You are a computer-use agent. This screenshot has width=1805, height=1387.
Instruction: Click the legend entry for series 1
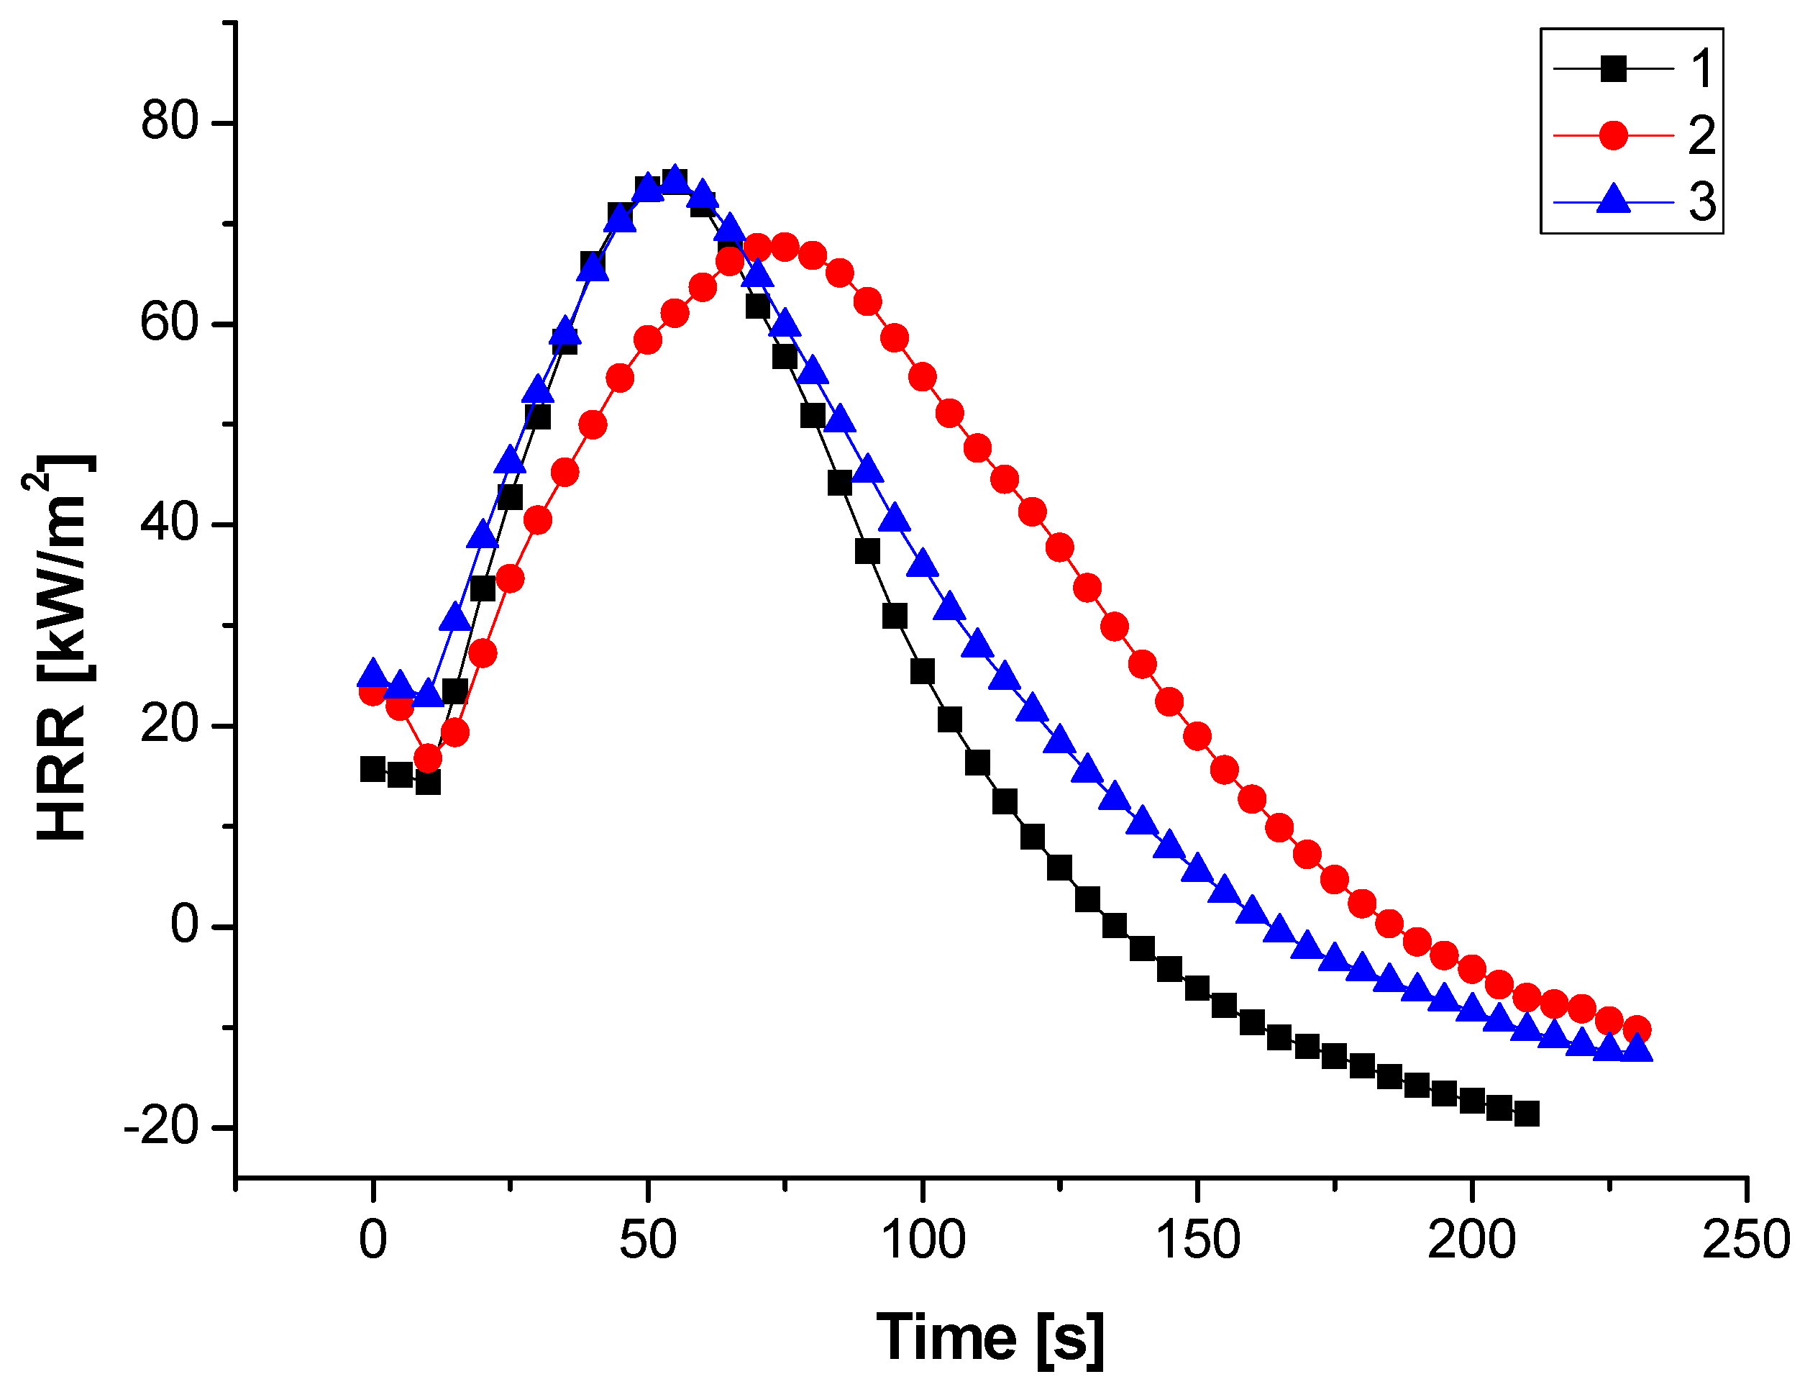pos(1630,68)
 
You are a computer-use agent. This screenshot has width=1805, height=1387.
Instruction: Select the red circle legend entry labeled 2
pos(1630,135)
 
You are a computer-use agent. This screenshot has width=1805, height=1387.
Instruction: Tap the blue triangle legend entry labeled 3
pos(1630,201)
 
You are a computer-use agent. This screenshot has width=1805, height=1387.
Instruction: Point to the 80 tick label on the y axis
pos(170,122)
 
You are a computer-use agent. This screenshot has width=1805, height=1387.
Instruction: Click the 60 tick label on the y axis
pos(170,323)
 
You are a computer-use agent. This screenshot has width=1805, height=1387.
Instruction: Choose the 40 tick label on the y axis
pos(170,524)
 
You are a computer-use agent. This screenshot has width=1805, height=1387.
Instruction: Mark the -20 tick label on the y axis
pos(162,1126)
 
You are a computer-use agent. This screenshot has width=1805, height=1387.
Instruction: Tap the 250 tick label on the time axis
pos(1745,1240)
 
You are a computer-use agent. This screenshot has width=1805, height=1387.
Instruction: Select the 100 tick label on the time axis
pos(923,1240)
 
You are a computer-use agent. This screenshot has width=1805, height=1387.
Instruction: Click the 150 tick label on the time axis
pos(1197,1240)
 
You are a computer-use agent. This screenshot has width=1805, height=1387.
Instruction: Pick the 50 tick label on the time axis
pos(648,1240)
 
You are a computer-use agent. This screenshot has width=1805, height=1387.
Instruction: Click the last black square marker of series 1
pos(1526,1114)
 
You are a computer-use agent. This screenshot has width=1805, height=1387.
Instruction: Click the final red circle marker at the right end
pos(1637,1030)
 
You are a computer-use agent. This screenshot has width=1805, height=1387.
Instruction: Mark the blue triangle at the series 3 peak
pos(675,180)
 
